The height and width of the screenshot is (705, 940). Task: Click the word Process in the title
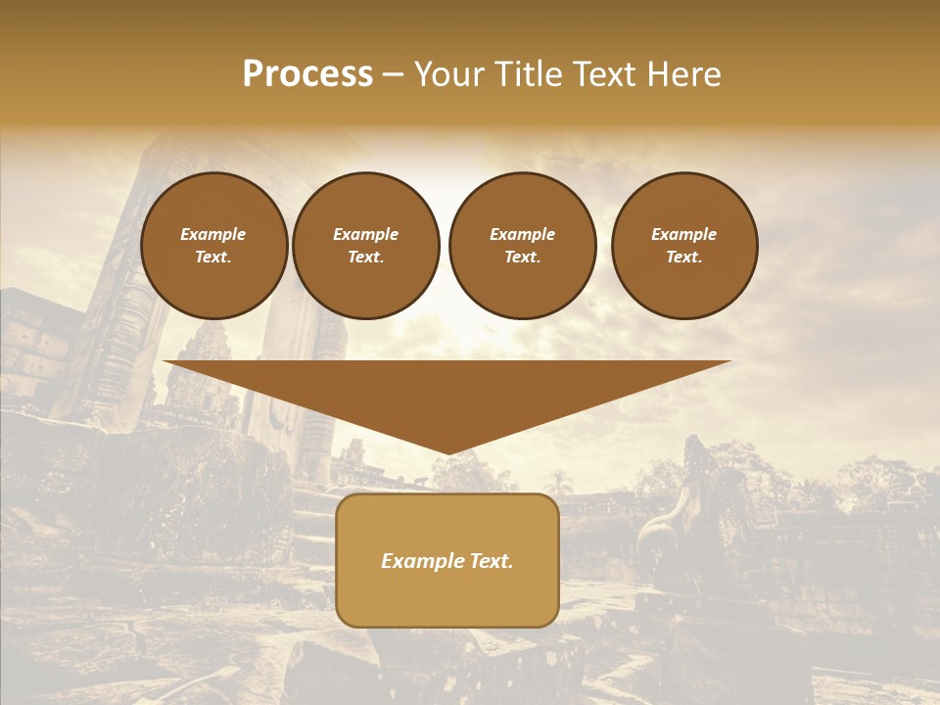point(307,74)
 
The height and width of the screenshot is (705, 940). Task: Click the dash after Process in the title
point(393,75)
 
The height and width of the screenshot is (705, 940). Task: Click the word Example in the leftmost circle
point(213,234)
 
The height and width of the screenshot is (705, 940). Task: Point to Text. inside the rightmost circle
point(684,258)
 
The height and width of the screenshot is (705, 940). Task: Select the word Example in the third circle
point(522,234)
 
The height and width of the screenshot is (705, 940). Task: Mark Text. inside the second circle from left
point(366,258)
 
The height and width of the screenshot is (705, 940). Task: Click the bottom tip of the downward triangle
point(447,451)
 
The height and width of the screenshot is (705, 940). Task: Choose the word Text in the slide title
point(610,74)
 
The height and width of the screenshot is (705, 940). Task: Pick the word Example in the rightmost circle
point(683,234)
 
